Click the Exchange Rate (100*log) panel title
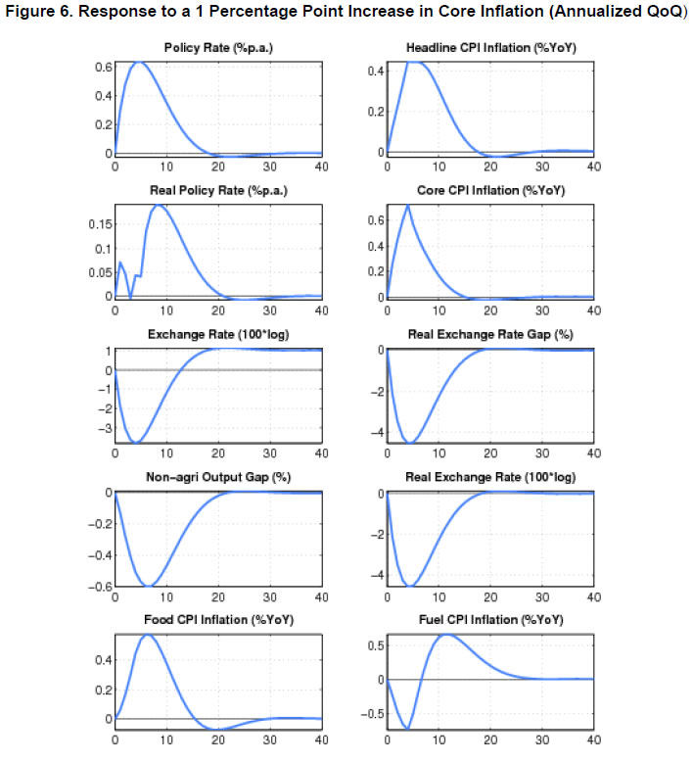point(218,334)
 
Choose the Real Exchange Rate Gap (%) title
point(490,334)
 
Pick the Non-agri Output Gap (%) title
point(218,478)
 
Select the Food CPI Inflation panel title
point(218,621)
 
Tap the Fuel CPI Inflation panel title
point(490,621)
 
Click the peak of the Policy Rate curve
point(139,62)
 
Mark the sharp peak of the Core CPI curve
point(407,205)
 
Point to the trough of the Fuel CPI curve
point(407,729)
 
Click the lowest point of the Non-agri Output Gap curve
point(147,586)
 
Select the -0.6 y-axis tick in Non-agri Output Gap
point(97,587)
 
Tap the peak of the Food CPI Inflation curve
point(148,635)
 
